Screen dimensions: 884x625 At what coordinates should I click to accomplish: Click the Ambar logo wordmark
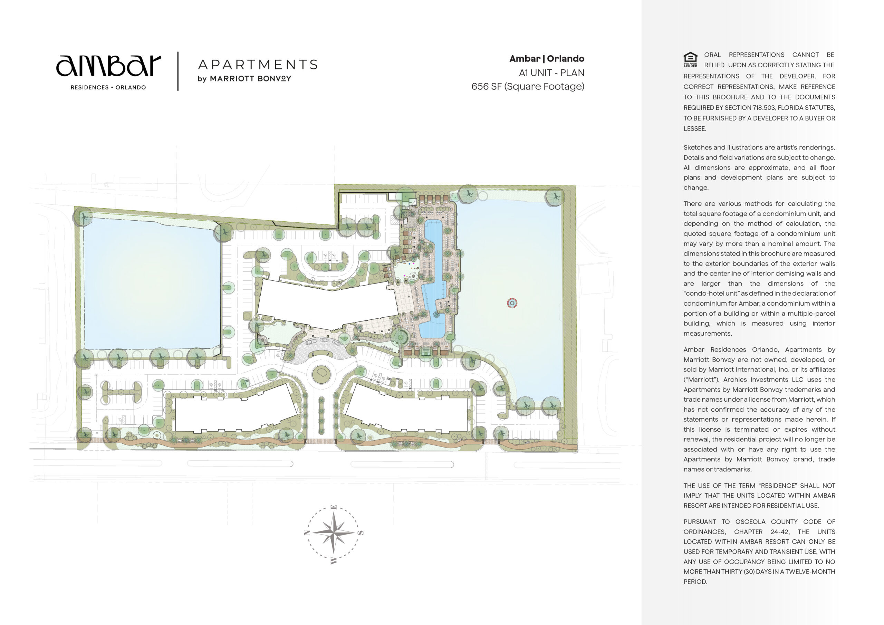pyautogui.click(x=108, y=66)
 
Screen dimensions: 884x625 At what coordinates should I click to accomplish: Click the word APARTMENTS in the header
pyautogui.click(x=258, y=64)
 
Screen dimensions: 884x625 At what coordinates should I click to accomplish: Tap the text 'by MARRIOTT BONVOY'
pyautogui.click(x=244, y=79)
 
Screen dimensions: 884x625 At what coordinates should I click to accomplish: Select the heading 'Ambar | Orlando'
pyautogui.click(x=547, y=59)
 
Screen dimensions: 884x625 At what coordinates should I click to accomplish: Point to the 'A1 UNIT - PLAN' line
pyautogui.click(x=551, y=73)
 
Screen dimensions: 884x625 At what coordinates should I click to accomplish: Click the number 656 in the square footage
pyautogui.click(x=480, y=86)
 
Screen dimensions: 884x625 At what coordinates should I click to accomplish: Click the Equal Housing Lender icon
pyautogui.click(x=690, y=60)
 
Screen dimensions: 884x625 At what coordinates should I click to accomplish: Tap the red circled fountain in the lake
pyautogui.click(x=512, y=303)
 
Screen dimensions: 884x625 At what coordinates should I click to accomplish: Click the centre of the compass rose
pyautogui.click(x=334, y=532)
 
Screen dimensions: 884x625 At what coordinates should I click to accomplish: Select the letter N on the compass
pyautogui.click(x=307, y=532)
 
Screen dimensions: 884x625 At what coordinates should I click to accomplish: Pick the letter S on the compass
pyautogui.click(x=361, y=533)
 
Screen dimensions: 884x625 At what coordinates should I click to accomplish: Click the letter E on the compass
pyautogui.click(x=334, y=507)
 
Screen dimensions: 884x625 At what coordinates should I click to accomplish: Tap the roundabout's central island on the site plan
pyautogui.click(x=321, y=374)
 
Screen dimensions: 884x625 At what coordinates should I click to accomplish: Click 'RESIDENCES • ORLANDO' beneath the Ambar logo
pyautogui.click(x=108, y=87)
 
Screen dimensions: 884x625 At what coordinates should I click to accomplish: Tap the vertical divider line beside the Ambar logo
pyautogui.click(x=178, y=71)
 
